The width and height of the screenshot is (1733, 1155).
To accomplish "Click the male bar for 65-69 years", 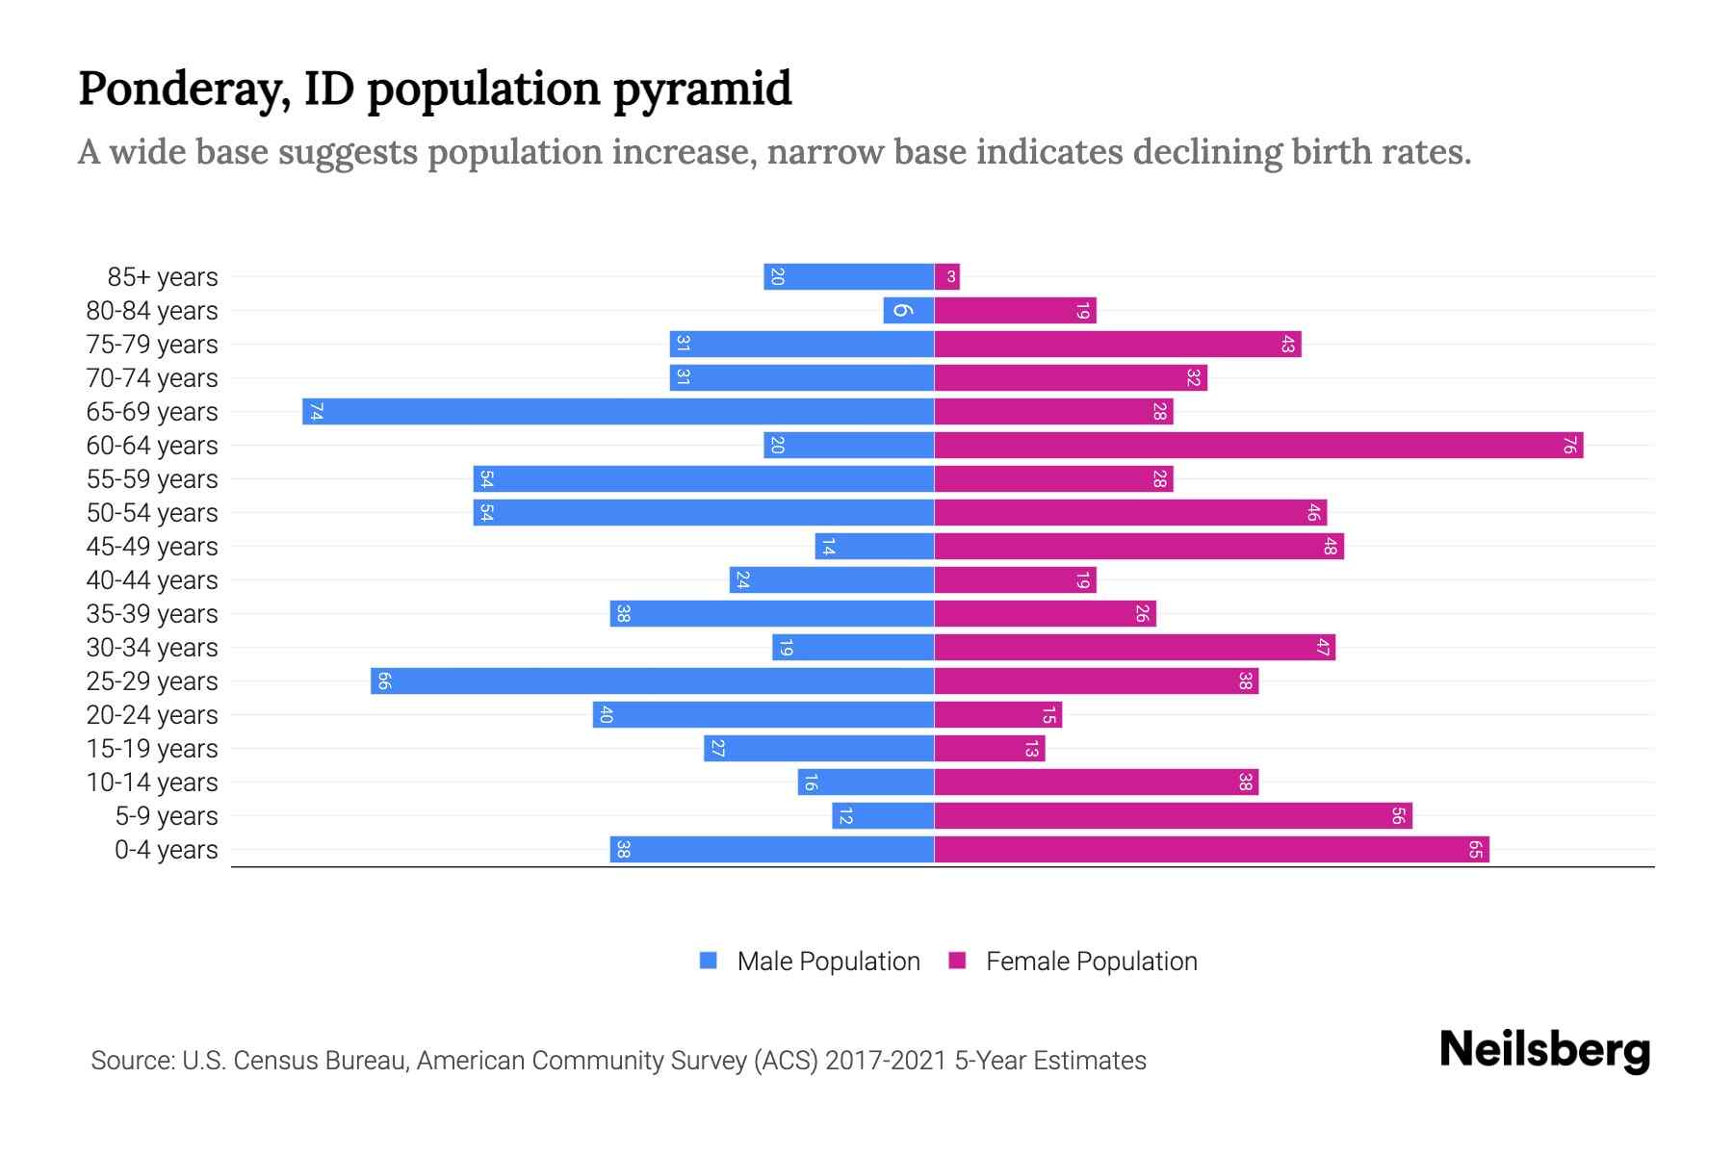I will [x=618, y=411].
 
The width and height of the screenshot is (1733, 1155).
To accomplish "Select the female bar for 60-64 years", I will [x=1258, y=445].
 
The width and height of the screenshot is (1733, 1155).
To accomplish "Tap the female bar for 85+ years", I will [x=947, y=276].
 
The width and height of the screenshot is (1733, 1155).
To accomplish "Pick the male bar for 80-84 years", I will [x=909, y=310].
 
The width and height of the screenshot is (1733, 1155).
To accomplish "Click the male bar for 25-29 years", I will [x=652, y=680].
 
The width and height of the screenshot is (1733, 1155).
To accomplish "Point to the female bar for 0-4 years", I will [x=1211, y=849].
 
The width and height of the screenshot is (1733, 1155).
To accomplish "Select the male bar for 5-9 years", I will [x=883, y=815].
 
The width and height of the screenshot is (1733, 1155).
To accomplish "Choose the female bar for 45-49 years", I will [x=1139, y=546].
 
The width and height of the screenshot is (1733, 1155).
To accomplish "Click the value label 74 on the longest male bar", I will [x=316, y=411].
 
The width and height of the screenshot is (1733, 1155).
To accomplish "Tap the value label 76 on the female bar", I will [x=1569, y=445].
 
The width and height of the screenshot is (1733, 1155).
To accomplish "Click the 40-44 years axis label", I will [x=152, y=580].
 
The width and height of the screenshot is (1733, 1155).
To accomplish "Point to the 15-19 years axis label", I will [x=152, y=749].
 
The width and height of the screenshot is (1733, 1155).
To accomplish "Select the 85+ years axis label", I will [x=163, y=277].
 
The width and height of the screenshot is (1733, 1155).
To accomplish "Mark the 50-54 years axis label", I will [x=152, y=513].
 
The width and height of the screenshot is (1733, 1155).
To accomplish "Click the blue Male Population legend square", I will [x=709, y=961].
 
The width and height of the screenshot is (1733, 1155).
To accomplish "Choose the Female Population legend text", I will [x=1091, y=961].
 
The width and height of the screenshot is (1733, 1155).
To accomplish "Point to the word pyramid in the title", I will [x=702, y=89].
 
